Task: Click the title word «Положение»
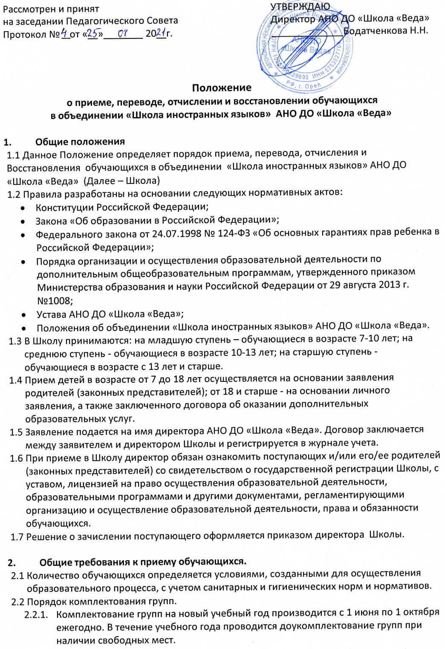[x=222, y=88]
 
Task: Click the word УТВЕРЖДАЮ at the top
[x=300, y=6]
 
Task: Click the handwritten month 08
[x=124, y=33]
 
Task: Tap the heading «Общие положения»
[x=80, y=141]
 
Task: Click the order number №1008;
[x=55, y=300]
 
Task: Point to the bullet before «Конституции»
[x=23, y=208]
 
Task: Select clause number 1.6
[x=17, y=458]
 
